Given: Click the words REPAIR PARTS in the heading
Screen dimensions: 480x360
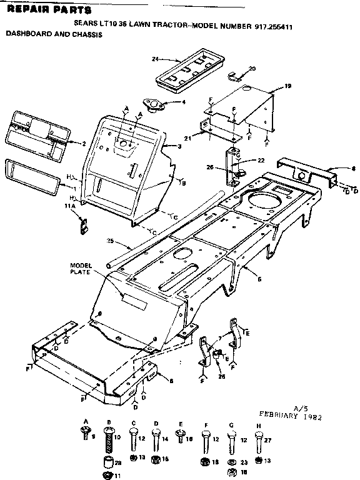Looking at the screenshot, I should [47, 11].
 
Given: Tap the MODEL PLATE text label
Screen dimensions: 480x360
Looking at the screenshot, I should [81, 268].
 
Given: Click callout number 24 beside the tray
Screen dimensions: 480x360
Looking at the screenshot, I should [154, 59].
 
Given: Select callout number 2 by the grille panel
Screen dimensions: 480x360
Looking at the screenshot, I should [83, 143].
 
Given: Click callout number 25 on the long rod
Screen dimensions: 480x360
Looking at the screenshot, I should [111, 241].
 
